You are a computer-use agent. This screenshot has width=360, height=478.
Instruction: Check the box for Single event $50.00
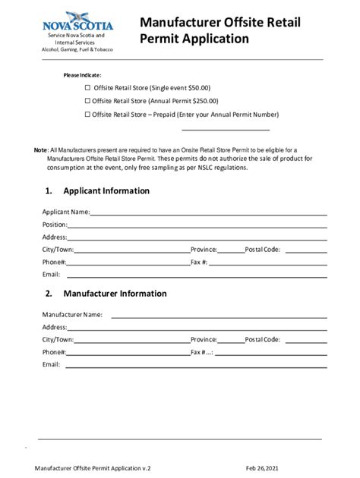87,88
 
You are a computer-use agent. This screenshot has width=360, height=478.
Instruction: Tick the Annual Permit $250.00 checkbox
87,101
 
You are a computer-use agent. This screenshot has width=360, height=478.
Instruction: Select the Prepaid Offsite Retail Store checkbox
87,114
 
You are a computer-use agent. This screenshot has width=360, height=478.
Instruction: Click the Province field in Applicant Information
231,250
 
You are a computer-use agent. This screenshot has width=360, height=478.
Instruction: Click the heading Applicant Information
106,190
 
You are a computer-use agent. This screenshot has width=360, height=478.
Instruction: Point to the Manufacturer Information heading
115,294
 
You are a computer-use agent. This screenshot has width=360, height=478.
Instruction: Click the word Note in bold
41,151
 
